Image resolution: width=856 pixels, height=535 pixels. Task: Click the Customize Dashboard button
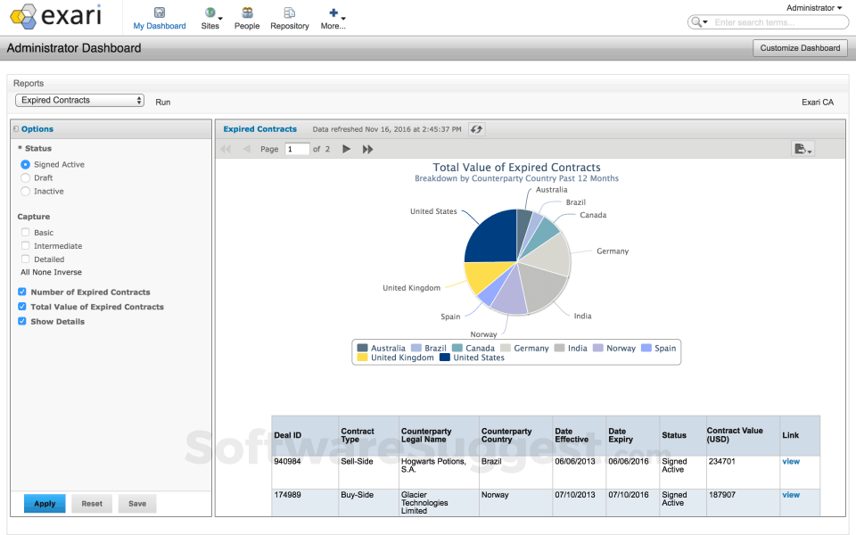(800, 48)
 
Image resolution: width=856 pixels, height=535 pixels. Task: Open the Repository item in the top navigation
(289, 18)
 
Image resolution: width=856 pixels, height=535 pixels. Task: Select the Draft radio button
(26, 178)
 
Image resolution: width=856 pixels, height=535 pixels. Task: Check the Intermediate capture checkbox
(26, 246)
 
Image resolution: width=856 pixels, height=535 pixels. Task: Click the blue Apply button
(45, 504)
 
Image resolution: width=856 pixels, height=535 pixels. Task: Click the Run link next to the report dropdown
(162, 103)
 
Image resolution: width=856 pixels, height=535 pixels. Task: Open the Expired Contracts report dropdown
(79, 101)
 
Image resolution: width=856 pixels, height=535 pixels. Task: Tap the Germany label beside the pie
(612, 251)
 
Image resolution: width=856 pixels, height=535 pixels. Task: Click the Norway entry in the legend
(621, 348)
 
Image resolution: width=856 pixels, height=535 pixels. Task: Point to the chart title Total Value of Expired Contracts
(516, 168)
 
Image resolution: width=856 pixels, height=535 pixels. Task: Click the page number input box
(297, 150)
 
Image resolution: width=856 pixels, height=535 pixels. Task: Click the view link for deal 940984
(790, 462)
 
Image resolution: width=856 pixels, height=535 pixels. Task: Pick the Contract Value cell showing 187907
(723, 495)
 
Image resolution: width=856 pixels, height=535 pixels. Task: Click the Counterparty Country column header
(506, 435)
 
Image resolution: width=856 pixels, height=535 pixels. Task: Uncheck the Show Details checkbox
(22, 322)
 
